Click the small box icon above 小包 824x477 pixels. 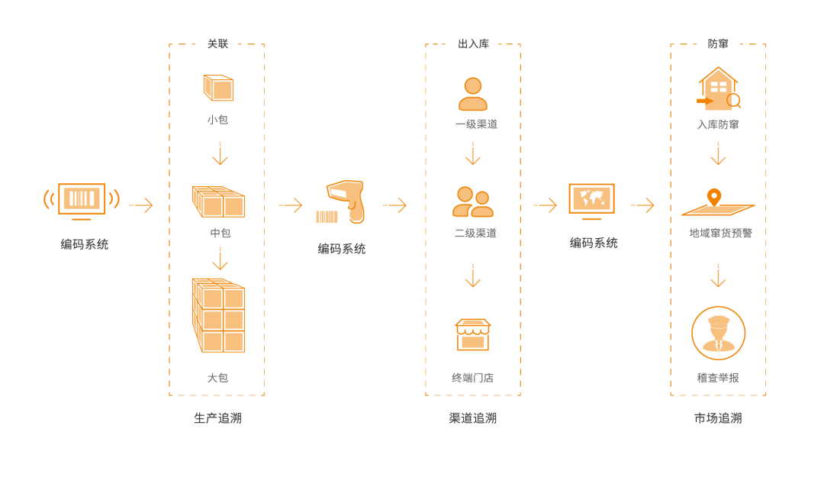[x=218, y=88]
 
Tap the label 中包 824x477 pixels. [x=220, y=233]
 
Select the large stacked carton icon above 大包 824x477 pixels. [x=219, y=316]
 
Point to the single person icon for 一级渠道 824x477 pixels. [x=473, y=94]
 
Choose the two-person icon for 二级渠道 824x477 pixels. [x=473, y=201]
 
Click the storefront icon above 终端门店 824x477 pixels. [x=473, y=334]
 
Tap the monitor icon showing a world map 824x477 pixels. [x=591, y=200]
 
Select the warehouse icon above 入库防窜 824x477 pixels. [x=717, y=89]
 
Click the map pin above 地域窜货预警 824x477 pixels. [x=714, y=196]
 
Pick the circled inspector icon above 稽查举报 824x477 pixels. [x=718, y=333]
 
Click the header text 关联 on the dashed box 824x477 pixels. [x=218, y=44]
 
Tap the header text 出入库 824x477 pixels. [x=473, y=44]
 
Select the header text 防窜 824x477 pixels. [x=718, y=44]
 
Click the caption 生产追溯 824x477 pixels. [x=218, y=418]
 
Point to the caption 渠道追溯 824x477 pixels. [x=473, y=418]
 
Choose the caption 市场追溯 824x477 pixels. [x=718, y=418]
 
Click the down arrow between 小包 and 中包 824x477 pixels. [x=220, y=153]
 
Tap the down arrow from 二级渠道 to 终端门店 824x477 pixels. [x=473, y=276]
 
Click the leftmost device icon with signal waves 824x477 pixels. [x=82, y=200]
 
